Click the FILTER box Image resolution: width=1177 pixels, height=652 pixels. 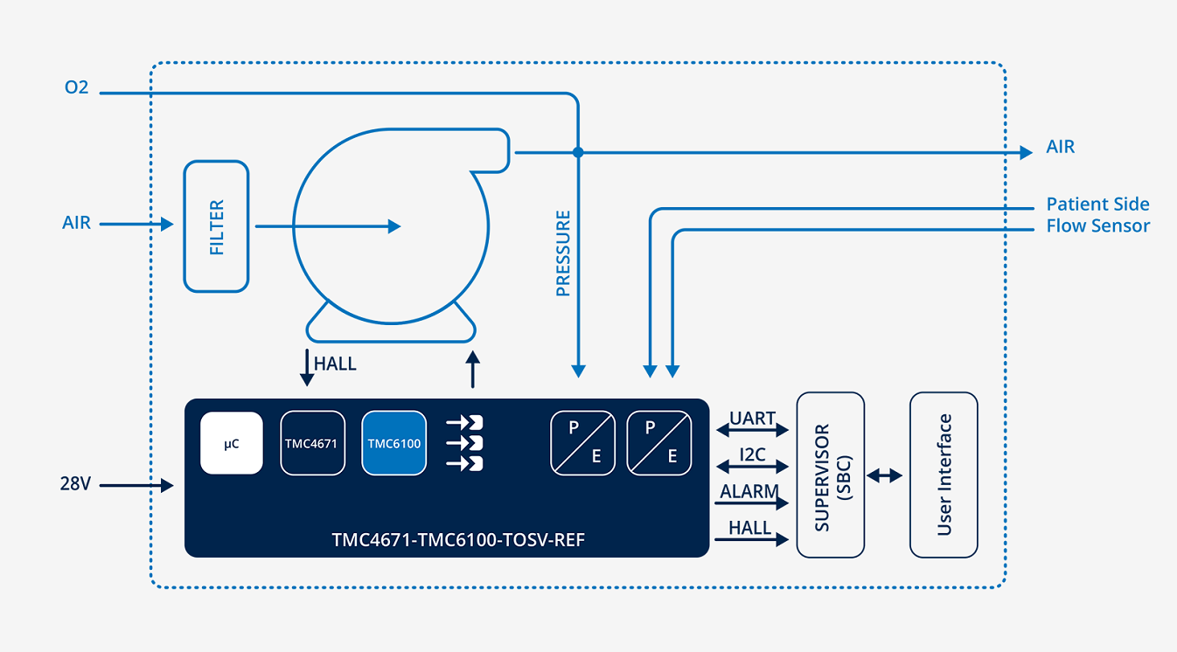216,226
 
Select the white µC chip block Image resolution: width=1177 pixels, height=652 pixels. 232,443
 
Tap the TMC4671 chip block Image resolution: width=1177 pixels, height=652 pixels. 313,443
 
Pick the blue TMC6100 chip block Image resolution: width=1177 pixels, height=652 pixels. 394,443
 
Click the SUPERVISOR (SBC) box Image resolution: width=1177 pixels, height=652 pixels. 830,475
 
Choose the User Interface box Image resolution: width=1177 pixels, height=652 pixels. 944,475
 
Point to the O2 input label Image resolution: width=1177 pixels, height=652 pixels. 76,87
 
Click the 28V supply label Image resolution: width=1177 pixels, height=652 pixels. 75,483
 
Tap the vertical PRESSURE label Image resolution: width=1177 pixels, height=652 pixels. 563,253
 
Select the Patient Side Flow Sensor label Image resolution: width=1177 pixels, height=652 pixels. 1098,214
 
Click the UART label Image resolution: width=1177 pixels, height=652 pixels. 752,418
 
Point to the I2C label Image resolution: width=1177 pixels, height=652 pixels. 752,454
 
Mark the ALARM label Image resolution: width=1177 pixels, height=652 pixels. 749,491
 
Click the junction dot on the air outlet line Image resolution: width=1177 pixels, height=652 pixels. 578,152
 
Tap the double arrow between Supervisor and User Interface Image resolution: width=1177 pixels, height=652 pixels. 884,476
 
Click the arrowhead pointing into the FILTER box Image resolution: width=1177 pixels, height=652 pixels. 167,225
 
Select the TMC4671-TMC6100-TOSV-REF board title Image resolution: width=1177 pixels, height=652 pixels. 458,539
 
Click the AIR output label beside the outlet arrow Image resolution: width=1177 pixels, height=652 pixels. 1061,147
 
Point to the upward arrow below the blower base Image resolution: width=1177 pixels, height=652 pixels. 473,370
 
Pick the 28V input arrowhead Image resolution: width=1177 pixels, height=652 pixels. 167,485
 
